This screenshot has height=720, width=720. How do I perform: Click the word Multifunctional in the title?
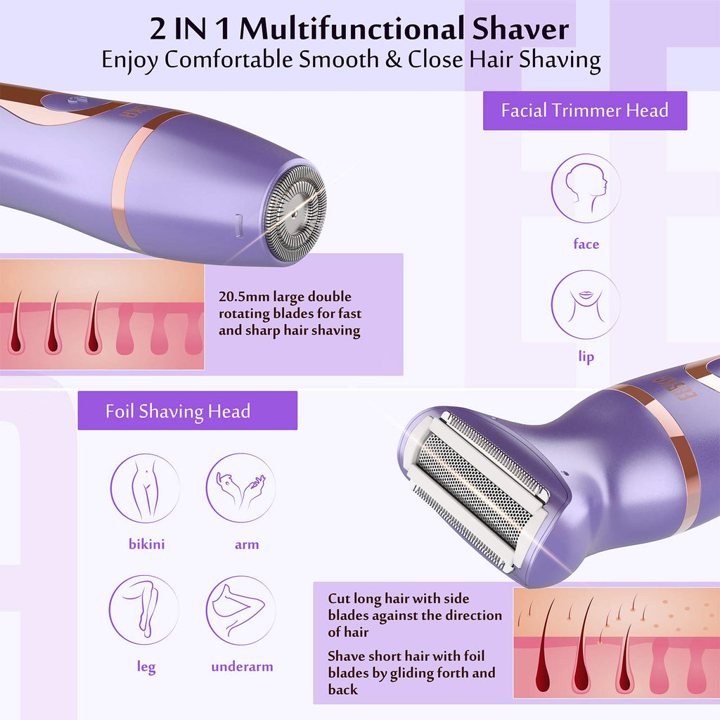tap(352, 28)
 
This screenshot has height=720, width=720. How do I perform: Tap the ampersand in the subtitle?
tap(393, 60)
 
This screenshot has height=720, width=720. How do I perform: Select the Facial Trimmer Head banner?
tap(584, 110)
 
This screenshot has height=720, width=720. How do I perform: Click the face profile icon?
tap(586, 188)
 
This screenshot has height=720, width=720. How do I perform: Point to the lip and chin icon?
tap(586, 305)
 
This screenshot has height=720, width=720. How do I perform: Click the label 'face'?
tap(586, 243)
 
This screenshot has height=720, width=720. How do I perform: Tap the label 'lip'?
tap(586, 356)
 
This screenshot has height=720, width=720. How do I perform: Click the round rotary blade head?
tap(295, 213)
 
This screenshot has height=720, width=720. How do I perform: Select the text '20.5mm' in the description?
tap(243, 297)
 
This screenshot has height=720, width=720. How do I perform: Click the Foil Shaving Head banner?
tap(187, 411)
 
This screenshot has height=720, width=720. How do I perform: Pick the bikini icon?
tap(145, 488)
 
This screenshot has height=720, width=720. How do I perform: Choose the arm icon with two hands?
tap(240, 488)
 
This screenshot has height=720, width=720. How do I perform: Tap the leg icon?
tap(144, 610)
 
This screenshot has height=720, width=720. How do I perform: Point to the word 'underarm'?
tap(242, 667)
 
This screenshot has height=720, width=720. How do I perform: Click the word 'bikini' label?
tap(146, 544)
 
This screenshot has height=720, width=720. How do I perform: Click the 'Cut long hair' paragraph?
tap(415, 615)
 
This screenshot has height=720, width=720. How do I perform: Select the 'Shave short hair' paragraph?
tap(411, 673)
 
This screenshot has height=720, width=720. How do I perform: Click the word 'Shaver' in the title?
tap(521, 28)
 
